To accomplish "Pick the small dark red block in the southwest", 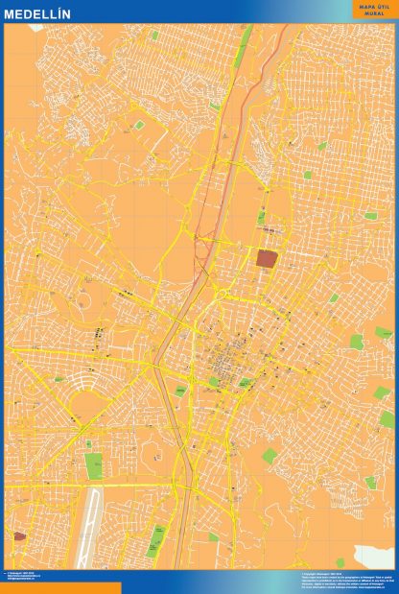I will [x=19, y=536].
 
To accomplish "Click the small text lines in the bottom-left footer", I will [x=29, y=578].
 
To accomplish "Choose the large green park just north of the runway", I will [x=93, y=464].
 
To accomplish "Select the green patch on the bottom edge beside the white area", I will [x=340, y=562].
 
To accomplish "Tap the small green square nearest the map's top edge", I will [x=153, y=36].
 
